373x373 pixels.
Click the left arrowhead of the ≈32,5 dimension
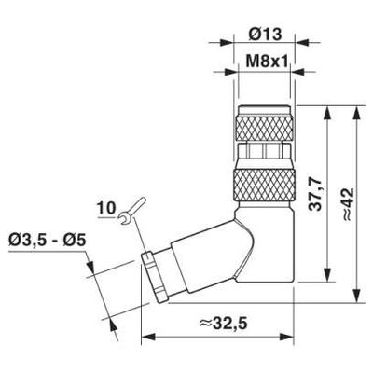coord(145,338)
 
